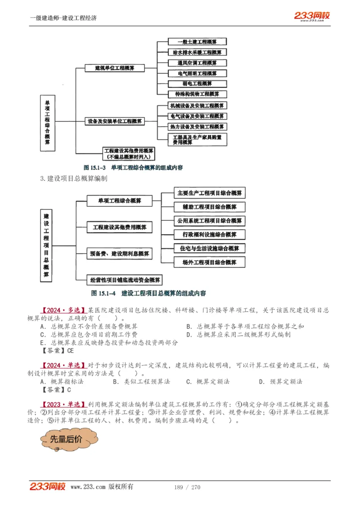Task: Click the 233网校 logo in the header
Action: (x=312, y=16)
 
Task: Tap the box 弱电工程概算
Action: (x=197, y=84)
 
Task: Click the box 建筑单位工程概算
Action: (x=114, y=68)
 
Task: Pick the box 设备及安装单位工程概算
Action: (x=115, y=121)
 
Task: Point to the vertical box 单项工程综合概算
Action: (x=47, y=122)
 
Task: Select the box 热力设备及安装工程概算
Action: (x=197, y=127)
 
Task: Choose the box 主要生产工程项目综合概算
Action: (x=210, y=193)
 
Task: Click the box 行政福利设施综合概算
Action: (x=210, y=235)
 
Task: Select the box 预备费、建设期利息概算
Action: (x=119, y=254)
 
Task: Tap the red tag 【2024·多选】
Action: (x=63, y=310)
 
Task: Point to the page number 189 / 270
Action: (x=187, y=487)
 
